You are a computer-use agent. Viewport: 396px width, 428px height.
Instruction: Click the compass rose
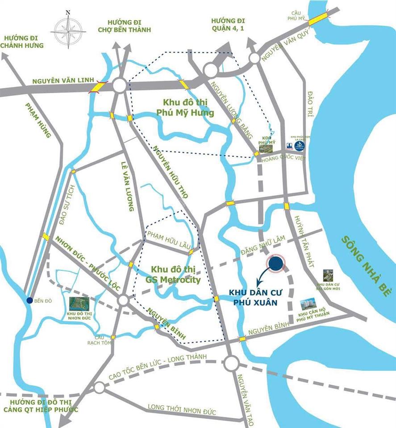[68, 30]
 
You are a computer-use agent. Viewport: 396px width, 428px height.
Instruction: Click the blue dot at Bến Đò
[29, 300]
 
